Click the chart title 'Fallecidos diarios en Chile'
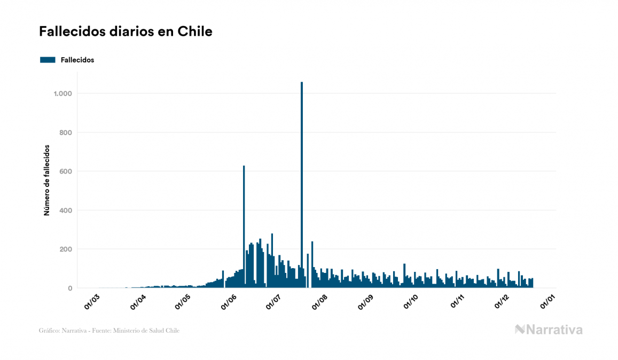pyautogui.click(x=126, y=32)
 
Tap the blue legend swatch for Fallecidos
pyautogui.click(x=48, y=60)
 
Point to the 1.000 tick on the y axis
pyautogui.click(x=62, y=93)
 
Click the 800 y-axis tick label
pyautogui.click(x=65, y=132)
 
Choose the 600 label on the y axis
pyautogui.click(x=65, y=171)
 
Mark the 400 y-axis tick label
pyautogui.click(x=65, y=210)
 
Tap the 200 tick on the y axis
pyautogui.click(x=65, y=249)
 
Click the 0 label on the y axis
pyautogui.click(x=69, y=288)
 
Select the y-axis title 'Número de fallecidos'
pyautogui.click(x=46, y=180)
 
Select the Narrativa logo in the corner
pyautogui.click(x=549, y=330)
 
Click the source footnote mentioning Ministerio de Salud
pyautogui.click(x=109, y=331)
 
